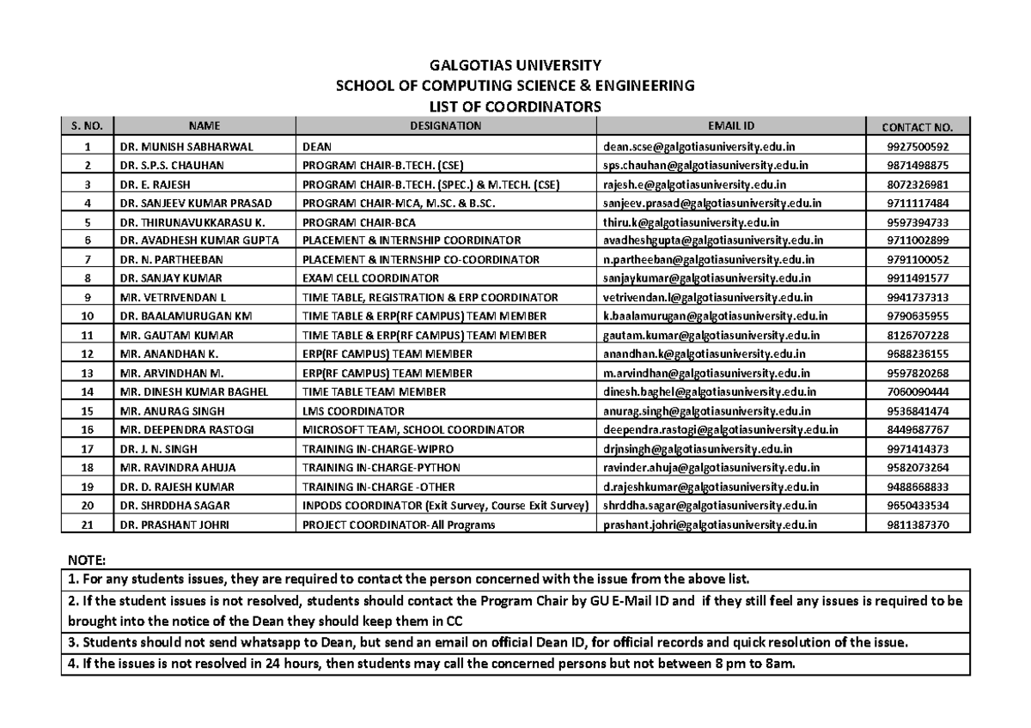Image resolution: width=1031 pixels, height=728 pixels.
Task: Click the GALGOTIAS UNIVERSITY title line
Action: pos(515,65)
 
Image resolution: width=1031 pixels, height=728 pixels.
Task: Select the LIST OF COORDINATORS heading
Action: pos(515,106)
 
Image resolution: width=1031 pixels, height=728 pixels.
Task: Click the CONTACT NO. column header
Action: pos(918,127)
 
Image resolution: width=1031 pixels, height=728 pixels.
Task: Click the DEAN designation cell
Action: pos(317,147)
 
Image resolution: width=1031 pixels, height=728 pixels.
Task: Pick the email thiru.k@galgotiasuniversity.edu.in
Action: pos(691,222)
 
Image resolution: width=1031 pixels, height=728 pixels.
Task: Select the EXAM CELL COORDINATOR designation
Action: pos(370,278)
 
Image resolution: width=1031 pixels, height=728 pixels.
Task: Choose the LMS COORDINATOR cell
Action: pos(353,410)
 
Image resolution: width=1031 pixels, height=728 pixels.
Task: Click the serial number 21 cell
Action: pos(87,524)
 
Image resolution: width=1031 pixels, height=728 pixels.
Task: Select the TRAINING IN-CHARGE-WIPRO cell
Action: pos(373,448)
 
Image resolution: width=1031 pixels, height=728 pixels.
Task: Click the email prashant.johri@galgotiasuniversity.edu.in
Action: pos(711,524)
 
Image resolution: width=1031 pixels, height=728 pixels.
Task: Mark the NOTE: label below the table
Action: pos(84,560)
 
